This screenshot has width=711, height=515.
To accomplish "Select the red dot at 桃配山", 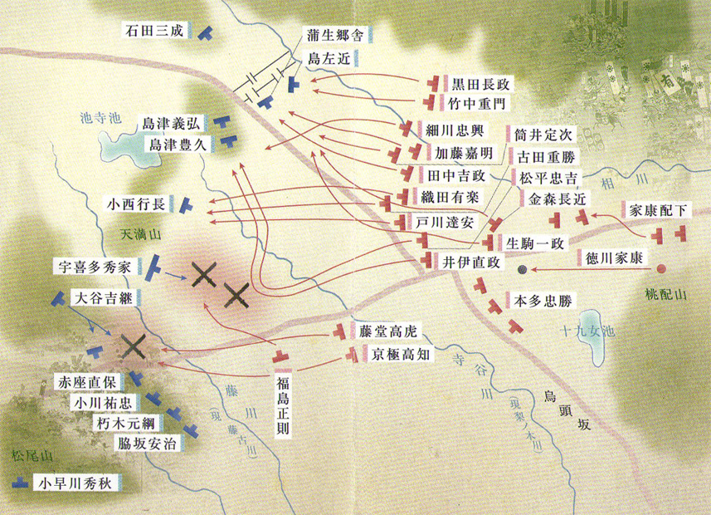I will pos(662,269).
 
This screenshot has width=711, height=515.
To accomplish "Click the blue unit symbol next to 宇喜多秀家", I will pos(153,267).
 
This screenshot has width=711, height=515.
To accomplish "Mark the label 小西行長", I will pos(138,203).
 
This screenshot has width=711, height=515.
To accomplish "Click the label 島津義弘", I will pos(171,124).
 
